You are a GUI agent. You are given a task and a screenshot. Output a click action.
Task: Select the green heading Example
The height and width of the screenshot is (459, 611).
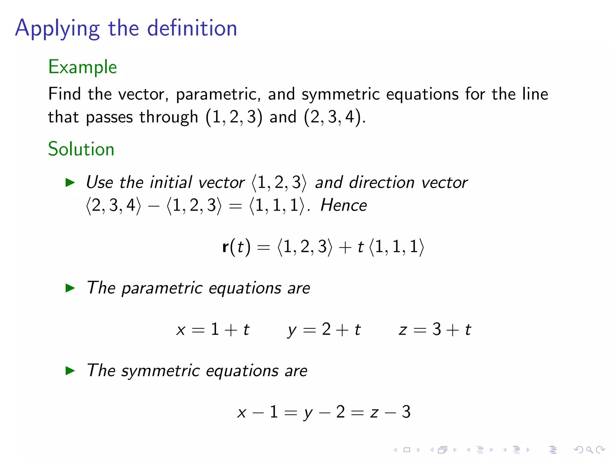pyautogui.click(x=82, y=67)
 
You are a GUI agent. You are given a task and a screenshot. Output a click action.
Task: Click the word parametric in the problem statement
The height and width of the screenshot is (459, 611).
pyautogui.click(x=216, y=94)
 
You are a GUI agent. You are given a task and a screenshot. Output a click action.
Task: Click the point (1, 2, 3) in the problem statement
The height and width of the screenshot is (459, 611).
pyautogui.click(x=234, y=117)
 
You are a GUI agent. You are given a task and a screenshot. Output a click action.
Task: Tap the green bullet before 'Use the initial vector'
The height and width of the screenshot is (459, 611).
pyautogui.click(x=70, y=182)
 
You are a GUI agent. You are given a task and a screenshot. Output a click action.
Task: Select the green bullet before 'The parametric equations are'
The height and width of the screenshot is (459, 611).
pyautogui.click(x=70, y=288)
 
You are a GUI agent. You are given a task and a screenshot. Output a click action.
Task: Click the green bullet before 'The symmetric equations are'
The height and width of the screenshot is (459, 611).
pyautogui.click(x=70, y=371)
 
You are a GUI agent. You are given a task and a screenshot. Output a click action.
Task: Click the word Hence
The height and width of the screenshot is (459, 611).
pyautogui.click(x=343, y=205)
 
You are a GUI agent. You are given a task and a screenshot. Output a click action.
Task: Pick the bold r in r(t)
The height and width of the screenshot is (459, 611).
pyautogui.click(x=226, y=247)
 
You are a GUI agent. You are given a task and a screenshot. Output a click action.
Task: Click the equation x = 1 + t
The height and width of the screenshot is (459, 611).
pyautogui.click(x=213, y=330)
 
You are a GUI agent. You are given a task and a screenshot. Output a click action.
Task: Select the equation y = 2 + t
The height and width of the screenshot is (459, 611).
pyautogui.click(x=324, y=330)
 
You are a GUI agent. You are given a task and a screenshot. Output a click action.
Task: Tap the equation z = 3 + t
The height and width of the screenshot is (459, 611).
pyautogui.click(x=435, y=330)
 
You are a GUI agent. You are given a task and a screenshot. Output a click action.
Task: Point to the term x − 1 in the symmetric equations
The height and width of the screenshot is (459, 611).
pyautogui.click(x=257, y=412)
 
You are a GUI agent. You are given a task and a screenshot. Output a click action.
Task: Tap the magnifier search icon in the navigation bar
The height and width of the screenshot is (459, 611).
pyautogui.click(x=589, y=449)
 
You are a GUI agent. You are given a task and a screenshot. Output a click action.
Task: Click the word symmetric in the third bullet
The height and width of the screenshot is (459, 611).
pyautogui.click(x=161, y=371)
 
